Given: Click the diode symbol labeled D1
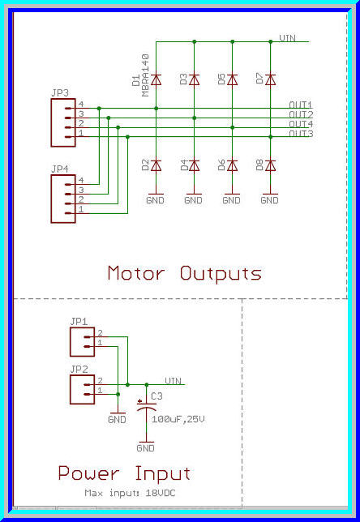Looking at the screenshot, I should (156, 79).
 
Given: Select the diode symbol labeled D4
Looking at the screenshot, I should (194, 165).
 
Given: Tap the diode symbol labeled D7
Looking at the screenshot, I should (271, 79).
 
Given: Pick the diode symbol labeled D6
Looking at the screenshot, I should (232, 165).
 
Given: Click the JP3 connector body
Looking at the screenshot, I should (62, 122).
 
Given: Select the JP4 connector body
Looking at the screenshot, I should (62, 199).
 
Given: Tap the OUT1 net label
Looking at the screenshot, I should (301, 105).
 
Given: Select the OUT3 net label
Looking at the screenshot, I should (301, 134).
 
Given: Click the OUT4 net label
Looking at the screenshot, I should (301, 124).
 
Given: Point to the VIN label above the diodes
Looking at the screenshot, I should (287, 38).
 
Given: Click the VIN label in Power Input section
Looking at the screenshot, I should (173, 379).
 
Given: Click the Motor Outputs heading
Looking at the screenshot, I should (185, 273).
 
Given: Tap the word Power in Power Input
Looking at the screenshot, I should (89, 473).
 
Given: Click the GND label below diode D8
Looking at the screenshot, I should (270, 199).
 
